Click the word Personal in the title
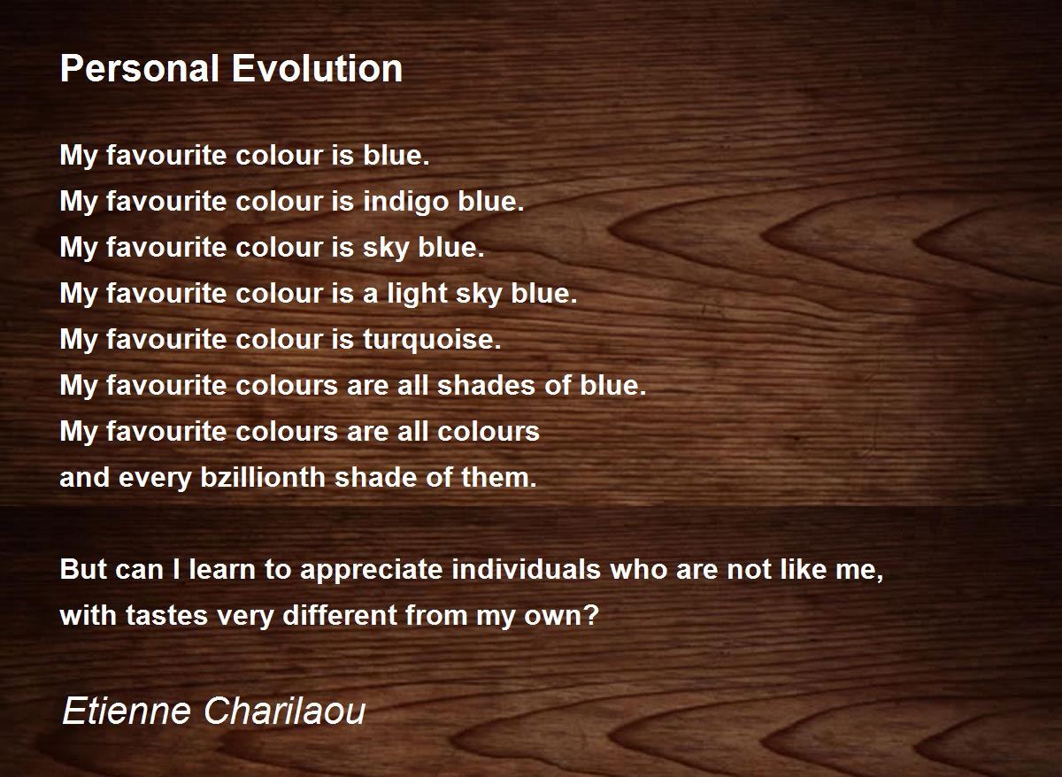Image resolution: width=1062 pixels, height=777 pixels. tap(140, 68)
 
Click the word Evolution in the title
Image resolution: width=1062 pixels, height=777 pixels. tap(317, 68)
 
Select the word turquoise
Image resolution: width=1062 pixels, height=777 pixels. tap(432, 340)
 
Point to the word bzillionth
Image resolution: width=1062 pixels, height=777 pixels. tap(263, 477)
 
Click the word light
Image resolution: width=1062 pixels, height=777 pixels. tap(418, 294)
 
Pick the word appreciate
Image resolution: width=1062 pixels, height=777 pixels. tap(371, 570)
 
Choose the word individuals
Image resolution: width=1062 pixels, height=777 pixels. tap(527, 568)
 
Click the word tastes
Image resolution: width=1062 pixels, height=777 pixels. tap(167, 615)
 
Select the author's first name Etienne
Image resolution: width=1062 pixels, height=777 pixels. tap(127, 711)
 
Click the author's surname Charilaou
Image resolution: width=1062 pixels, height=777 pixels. tap(285, 711)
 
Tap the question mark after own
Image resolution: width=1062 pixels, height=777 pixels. tap(592, 615)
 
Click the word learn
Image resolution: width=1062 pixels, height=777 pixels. tap(222, 568)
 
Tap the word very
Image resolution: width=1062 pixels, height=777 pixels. tap(246, 617)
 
